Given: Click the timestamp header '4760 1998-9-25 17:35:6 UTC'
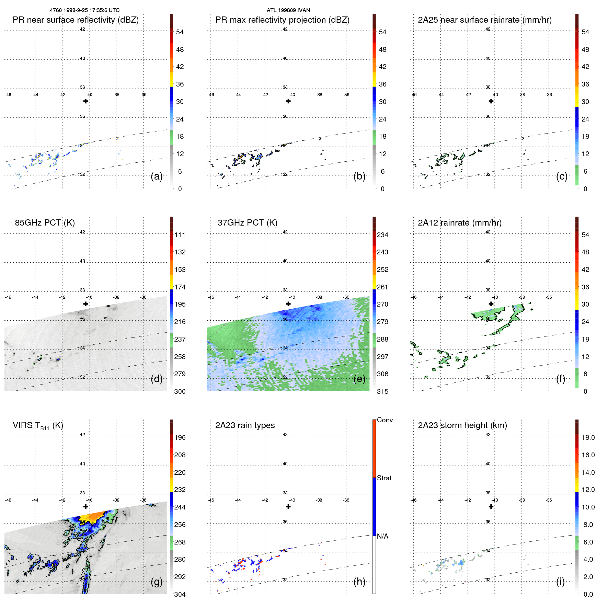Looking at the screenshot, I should click(85, 10).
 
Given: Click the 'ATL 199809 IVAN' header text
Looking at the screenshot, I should click(288, 10).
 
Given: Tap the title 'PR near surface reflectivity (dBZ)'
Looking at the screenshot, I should click(76, 20).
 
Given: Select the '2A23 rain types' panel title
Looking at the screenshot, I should click(245, 425).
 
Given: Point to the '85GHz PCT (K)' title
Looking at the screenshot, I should click(45, 223).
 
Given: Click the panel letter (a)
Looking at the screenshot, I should click(157, 176).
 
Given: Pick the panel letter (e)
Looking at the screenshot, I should click(359, 379).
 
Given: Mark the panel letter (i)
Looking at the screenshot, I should click(560, 582).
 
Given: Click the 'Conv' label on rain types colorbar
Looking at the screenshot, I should click(385, 420).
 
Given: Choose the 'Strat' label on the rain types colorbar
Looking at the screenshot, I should click(384, 478).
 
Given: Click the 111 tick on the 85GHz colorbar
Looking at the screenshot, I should click(180, 235).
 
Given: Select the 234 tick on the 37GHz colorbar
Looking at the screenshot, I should click(382, 235).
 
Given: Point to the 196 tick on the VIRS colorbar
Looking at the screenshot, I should click(180, 438).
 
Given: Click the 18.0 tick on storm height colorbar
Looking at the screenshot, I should click(588, 438).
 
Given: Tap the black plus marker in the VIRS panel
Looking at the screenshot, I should click(85, 507).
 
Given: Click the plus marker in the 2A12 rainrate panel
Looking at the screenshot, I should click(491, 304).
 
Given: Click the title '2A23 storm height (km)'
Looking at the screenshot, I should click(462, 425).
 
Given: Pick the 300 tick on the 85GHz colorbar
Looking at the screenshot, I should click(180, 391).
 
